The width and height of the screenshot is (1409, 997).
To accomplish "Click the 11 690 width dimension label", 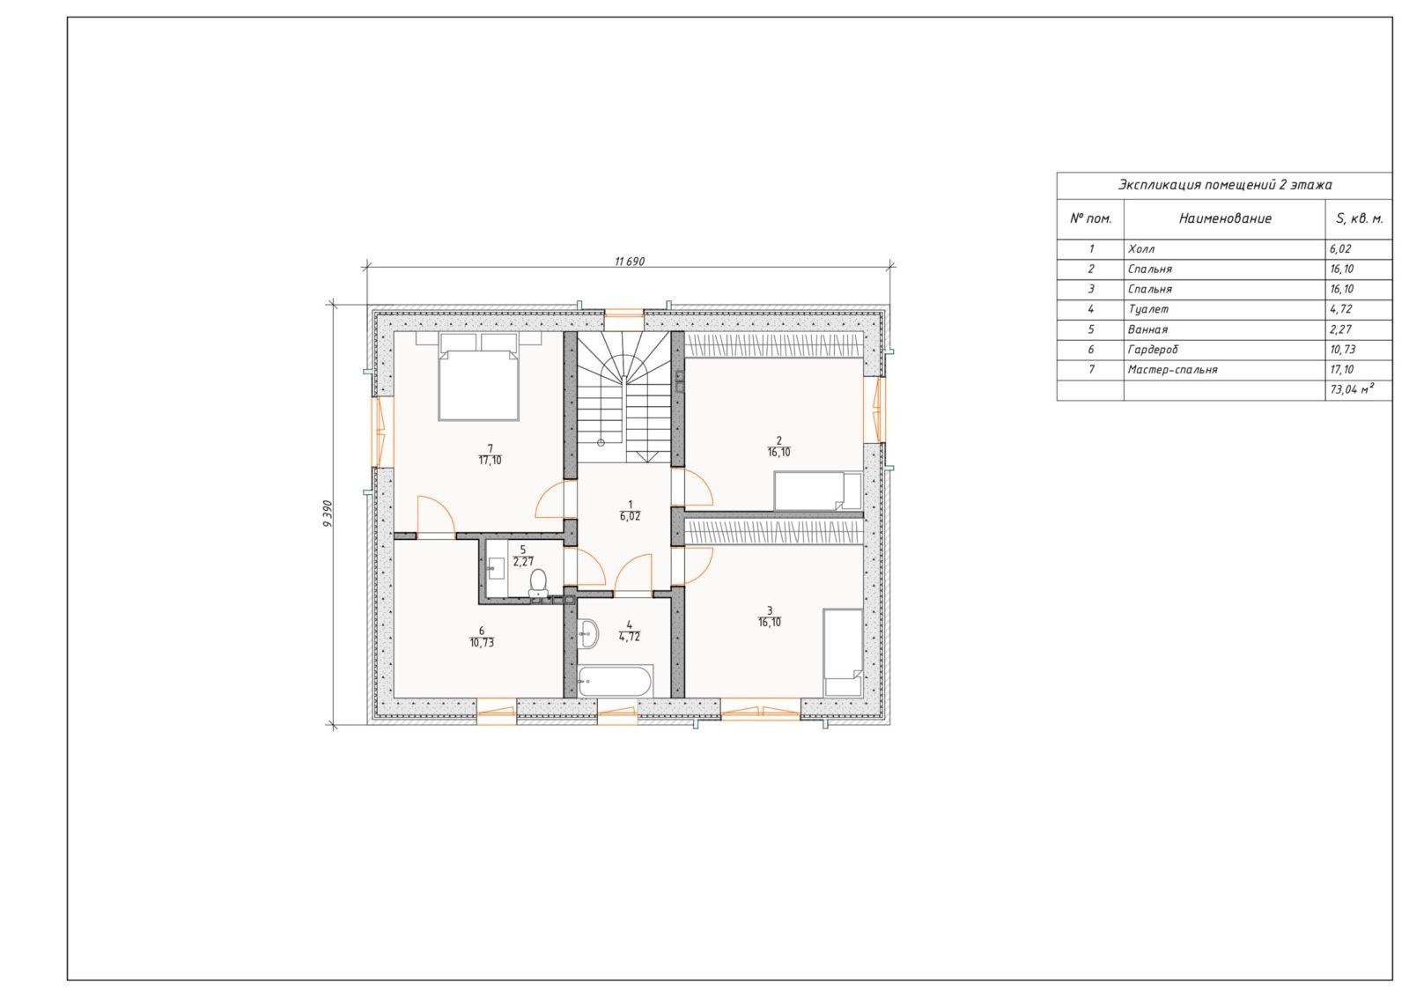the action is (x=630, y=262).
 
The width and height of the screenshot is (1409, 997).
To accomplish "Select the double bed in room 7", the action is (x=479, y=377).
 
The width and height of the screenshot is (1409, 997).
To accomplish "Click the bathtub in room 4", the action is (x=616, y=681).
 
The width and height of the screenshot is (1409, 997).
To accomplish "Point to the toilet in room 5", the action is (x=538, y=582).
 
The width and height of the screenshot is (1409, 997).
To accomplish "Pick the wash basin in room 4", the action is (x=589, y=632).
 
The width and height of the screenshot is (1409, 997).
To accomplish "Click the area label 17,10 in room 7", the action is (x=490, y=461).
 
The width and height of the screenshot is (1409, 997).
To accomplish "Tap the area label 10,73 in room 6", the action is (x=482, y=643).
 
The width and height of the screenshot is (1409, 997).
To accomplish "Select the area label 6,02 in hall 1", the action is (x=630, y=516).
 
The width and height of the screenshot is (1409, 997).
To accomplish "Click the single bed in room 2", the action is (x=817, y=491).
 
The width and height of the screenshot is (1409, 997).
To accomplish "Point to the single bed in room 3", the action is (x=843, y=652).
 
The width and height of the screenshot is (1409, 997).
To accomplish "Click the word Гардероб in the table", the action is (x=1153, y=349).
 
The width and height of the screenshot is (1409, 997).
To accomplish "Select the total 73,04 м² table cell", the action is (x=1352, y=389).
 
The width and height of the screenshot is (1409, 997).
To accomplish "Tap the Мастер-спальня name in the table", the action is (x=1172, y=369).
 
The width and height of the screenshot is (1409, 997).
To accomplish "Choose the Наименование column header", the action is (x=1225, y=218).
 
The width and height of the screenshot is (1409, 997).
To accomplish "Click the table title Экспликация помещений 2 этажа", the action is (x=1225, y=185).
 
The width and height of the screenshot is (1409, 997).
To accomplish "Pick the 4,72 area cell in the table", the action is (x=1340, y=309).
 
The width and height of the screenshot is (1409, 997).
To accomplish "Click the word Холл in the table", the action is (x=1141, y=248).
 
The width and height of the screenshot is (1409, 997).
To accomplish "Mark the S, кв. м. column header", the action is (x=1360, y=219).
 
